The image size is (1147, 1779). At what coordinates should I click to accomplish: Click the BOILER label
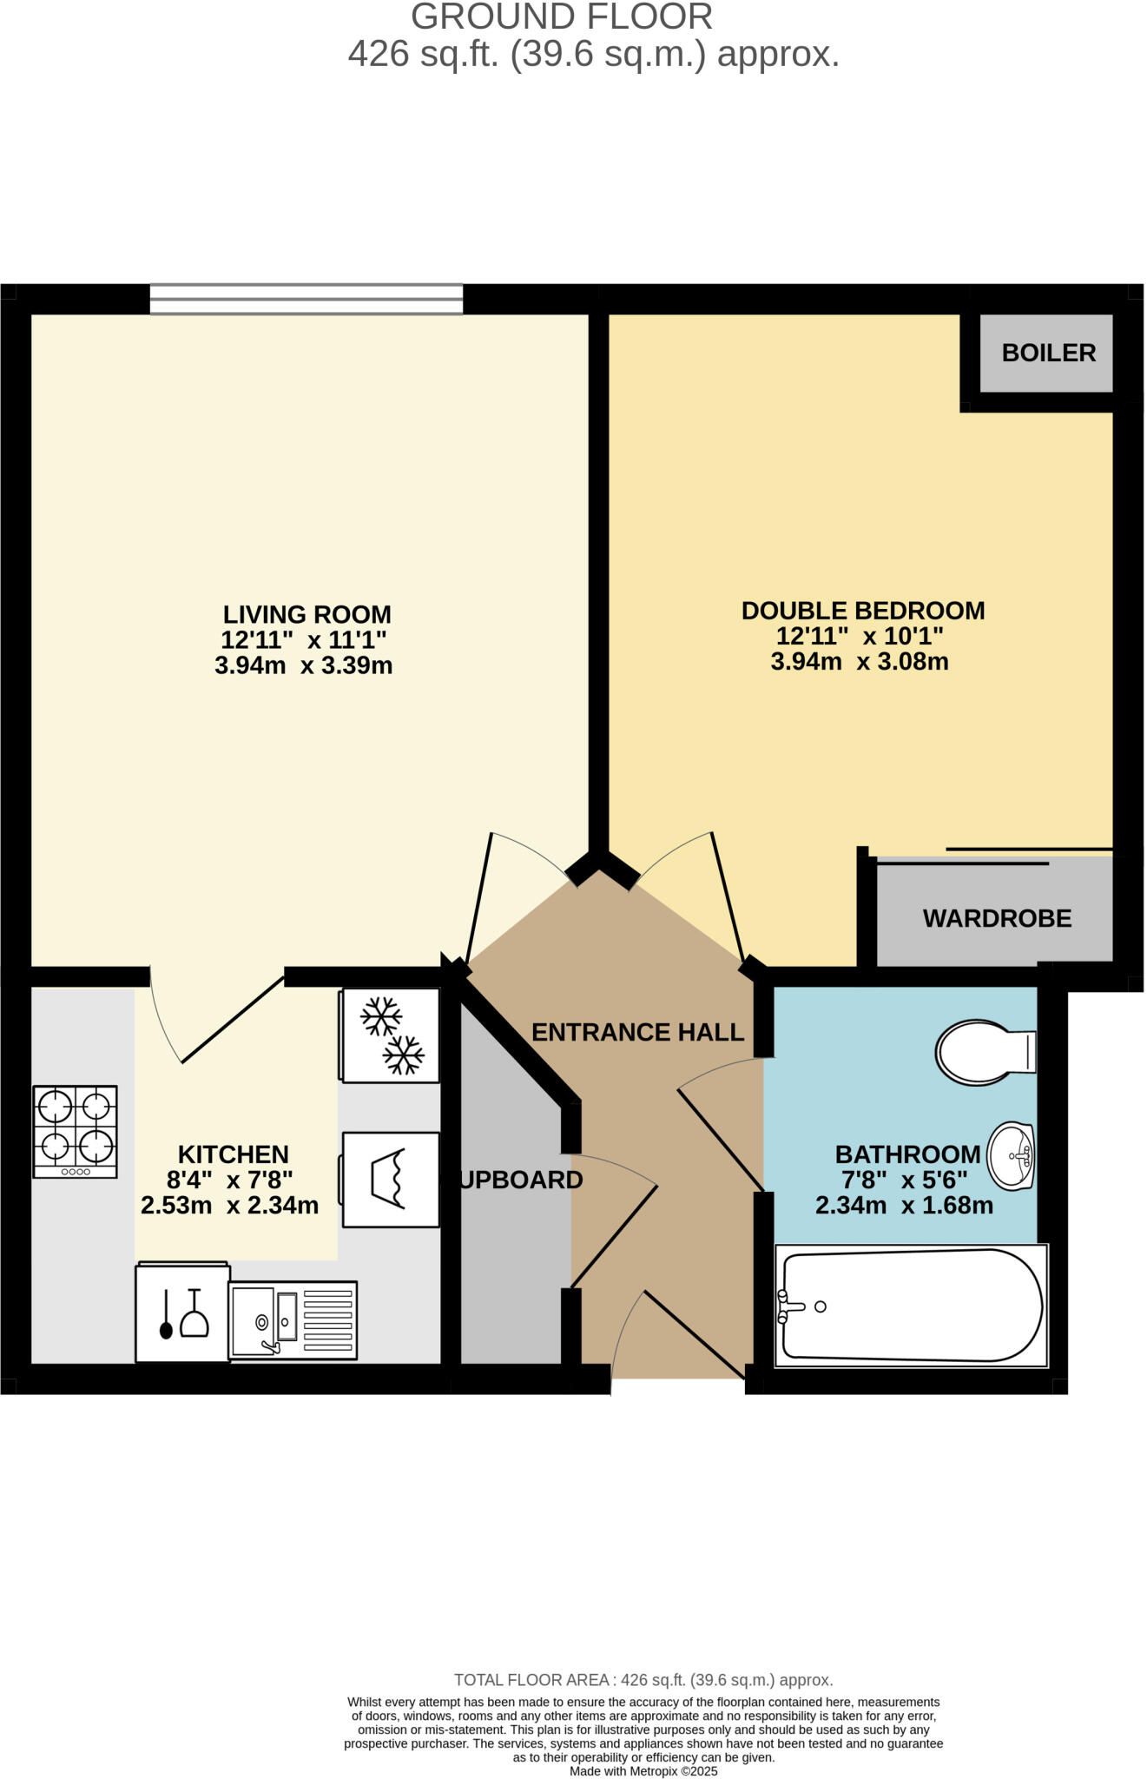(x=1048, y=353)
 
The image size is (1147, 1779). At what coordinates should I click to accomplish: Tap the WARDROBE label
(x=997, y=918)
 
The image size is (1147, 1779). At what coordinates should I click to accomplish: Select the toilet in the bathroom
(x=984, y=1052)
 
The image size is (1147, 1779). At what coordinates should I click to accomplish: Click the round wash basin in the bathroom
(x=1012, y=1156)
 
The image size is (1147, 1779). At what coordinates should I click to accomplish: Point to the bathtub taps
(x=788, y=1306)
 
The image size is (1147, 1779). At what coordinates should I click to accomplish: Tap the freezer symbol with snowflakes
(x=391, y=1035)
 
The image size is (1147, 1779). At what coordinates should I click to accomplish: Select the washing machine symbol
(x=391, y=1179)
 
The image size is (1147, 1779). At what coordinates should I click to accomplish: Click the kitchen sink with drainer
(x=293, y=1320)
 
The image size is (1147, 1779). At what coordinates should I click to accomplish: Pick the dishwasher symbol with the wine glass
(x=182, y=1313)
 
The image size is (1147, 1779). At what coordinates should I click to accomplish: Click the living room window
(x=306, y=299)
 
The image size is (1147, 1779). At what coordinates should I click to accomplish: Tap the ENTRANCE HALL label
(x=637, y=1032)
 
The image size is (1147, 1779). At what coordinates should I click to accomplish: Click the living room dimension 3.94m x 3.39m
(x=303, y=666)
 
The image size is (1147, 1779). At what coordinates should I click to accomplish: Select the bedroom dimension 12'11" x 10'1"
(x=860, y=636)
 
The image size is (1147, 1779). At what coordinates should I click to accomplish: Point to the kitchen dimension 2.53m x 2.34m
(x=229, y=1206)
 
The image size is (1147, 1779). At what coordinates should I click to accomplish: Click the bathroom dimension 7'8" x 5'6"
(x=904, y=1180)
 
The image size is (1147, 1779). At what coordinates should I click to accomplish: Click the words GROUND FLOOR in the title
(x=562, y=17)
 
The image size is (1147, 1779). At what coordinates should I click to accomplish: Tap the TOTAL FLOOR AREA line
(x=643, y=1680)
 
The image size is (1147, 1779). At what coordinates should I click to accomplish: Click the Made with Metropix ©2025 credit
(x=643, y=1771)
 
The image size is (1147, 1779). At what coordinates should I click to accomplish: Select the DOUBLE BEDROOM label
(x=862, y=611)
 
